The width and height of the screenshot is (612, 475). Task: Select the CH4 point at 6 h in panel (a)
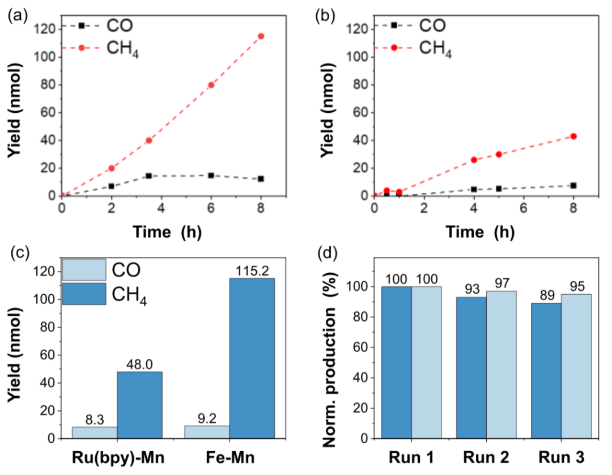point(211,85)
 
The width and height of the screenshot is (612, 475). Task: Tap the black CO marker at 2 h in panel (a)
point(111,186)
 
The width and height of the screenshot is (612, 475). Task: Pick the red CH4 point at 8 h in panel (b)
point(573,136)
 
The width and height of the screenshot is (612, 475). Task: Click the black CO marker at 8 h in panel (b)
point(573,185)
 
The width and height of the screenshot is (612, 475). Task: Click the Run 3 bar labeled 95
point(576,366)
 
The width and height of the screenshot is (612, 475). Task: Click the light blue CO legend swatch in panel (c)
point(84,270)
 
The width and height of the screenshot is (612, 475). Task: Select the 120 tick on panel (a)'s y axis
point(48,29)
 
